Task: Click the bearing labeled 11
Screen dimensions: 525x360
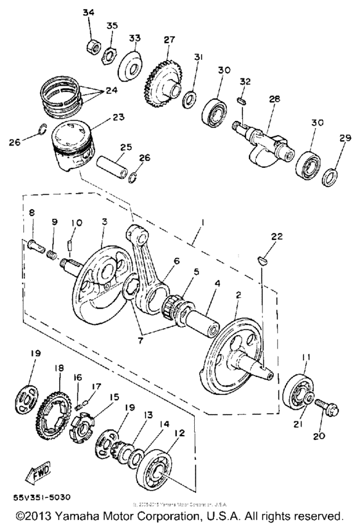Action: tap(297, 391)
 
